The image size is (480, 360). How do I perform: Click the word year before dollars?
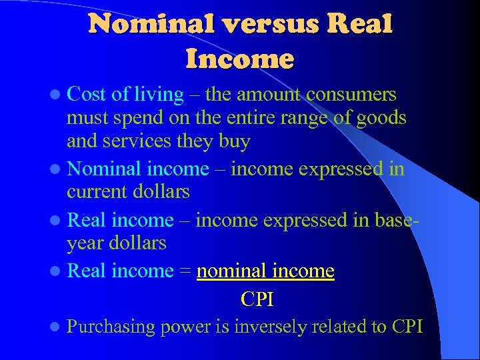click(x=85, y=243)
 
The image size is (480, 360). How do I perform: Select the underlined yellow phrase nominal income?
click(x=265, y=271)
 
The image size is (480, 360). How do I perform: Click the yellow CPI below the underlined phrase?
click(x=257, y=299)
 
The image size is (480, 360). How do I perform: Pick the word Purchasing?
click(x=111, y=327)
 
